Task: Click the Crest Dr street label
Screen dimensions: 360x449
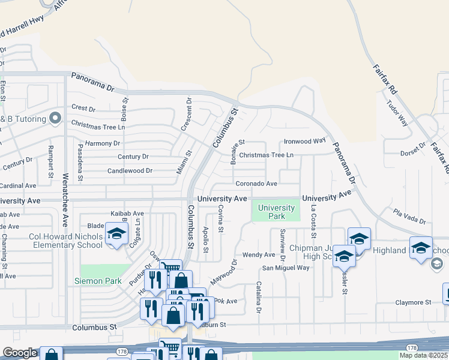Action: [x=83, y=109]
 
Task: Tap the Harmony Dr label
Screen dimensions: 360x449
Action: [x=103, y=143]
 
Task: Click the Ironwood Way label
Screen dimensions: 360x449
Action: [x=304, y=141]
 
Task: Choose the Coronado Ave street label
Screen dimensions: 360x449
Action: [x=256, y=184]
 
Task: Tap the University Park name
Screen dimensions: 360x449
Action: [x=276, y=212]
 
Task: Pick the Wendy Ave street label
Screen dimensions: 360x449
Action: [x=259, y=255]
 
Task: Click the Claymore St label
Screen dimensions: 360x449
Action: [x=414, y=303]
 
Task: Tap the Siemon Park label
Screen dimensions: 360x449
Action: [x=98, y=281]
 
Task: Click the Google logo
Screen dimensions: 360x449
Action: [x=20, y=353]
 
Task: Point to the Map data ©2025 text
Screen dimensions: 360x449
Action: [x=423, y=355]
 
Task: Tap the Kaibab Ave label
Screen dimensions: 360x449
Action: [x=127, y=213]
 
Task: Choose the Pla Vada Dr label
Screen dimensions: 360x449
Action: [x=409, y=217]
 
